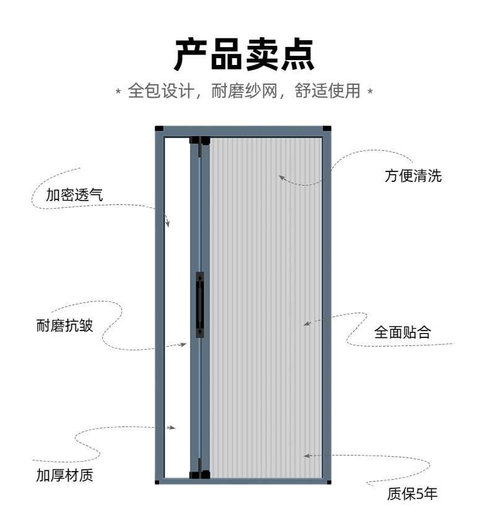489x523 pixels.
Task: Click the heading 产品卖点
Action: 244,54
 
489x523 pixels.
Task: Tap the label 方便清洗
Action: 413,175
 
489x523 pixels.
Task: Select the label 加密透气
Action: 74,196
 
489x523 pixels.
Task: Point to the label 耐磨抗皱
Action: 65,326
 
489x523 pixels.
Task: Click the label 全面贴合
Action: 402,332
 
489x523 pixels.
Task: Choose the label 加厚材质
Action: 65,475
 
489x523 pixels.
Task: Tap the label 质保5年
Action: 412,493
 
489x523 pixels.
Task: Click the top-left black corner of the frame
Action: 159,129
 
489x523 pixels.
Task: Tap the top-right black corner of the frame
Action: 327,129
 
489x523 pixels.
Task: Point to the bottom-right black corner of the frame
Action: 328,481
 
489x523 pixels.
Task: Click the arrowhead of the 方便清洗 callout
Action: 280,177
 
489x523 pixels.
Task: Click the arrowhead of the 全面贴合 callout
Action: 306,323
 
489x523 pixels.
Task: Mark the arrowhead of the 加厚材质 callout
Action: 173,427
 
